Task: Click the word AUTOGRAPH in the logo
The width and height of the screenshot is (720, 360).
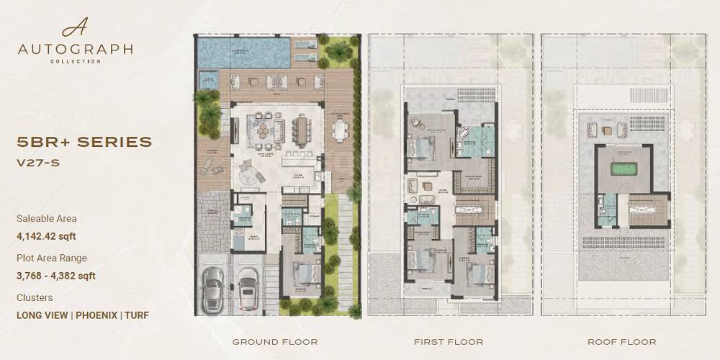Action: coord(76,50)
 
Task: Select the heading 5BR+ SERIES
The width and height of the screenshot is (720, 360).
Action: coord(84,142)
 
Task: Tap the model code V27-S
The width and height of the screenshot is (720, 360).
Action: coord(37,163)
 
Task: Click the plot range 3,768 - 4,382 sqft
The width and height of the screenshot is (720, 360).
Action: coord(56,275)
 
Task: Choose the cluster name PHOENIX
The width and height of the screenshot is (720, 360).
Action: coord(97,315)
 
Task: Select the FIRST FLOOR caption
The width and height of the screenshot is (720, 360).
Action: coord(449,342)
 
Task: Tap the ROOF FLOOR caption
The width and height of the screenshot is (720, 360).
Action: coord(622,342)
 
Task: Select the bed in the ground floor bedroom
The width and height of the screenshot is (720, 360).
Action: coord(305,274)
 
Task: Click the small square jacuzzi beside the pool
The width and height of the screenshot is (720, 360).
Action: coord(207,78)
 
